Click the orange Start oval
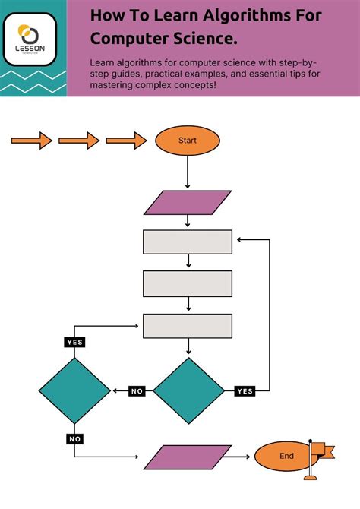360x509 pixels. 187,141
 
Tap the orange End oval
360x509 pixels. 286,456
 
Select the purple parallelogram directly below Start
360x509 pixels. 187,203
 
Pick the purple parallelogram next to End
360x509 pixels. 187,457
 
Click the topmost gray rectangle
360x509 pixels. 188,242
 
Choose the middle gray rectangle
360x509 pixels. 188,283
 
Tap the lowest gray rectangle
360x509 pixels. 188,326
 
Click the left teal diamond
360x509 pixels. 74,390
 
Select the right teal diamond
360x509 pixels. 189,390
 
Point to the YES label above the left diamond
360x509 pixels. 74,343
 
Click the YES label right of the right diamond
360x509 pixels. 245,391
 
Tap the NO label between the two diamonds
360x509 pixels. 137,391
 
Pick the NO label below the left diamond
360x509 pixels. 74,438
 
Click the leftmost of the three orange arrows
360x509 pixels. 31,141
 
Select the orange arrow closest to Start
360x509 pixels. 126,141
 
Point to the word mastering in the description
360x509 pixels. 115,85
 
